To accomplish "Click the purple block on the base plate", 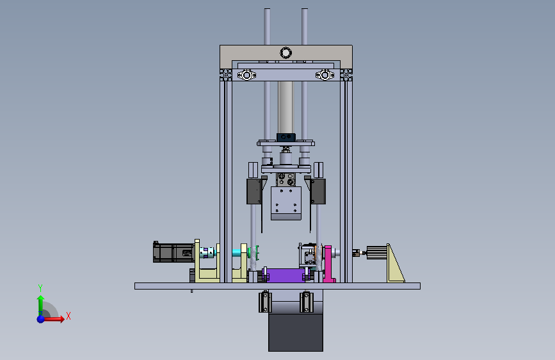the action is [x=286, y=275].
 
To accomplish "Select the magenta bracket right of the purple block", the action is [x=328, y=264].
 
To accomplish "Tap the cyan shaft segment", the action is [x=237, y=252].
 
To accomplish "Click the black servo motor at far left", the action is [x=173, y=252].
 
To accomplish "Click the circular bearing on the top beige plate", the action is [x=286, y=53].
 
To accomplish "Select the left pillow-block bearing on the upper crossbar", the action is [x=246, y=75].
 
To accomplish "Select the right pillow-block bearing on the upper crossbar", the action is [x=325, y=75].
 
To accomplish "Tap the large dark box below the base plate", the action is [x=296, y=332].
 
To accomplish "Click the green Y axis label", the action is [x=40, y=288].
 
